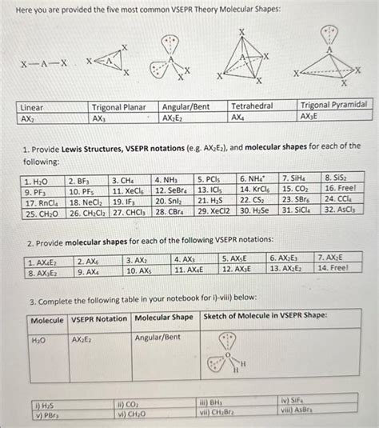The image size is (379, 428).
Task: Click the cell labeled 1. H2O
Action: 42,180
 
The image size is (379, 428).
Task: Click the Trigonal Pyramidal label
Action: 335,105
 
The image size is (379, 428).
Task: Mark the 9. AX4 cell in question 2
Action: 89,271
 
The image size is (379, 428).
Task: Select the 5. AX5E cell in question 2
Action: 237,260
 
